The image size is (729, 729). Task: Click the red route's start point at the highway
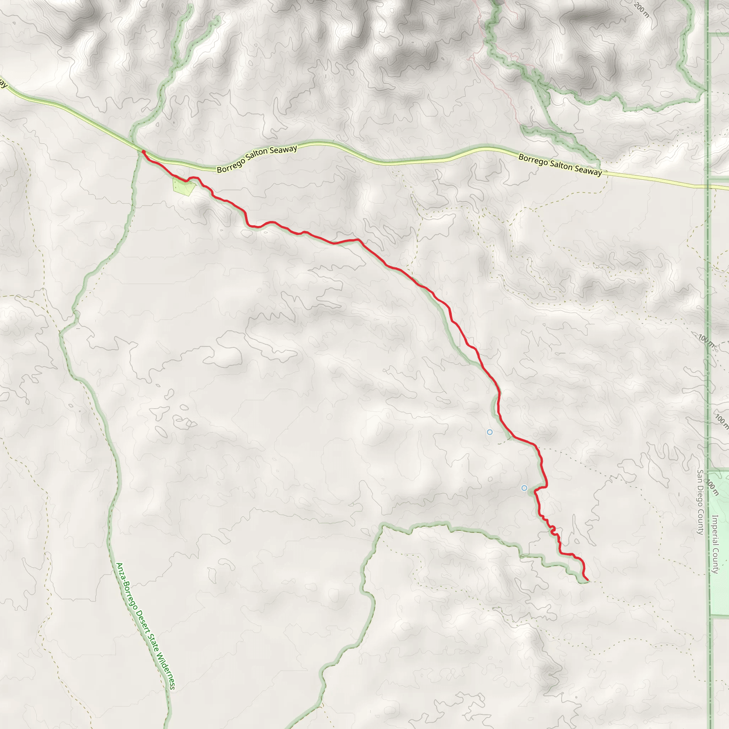pos(143,152)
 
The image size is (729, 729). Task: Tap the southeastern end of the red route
pos(587,579)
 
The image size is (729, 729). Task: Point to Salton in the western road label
pos(257,155)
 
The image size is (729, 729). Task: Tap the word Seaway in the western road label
pos(283,150)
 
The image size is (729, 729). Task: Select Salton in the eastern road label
pos(561,165)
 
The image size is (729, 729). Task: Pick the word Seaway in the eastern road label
pos(588,171)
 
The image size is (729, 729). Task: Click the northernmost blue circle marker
pos(490,432)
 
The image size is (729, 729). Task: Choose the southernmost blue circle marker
pos(524,488)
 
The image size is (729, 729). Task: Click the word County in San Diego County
pos(700,523)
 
